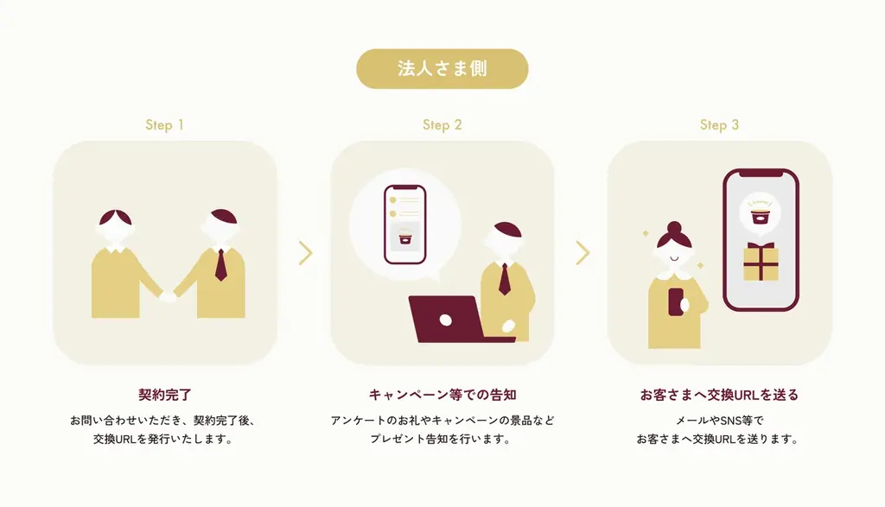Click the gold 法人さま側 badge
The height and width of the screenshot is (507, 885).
442,69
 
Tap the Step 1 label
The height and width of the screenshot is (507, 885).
164,124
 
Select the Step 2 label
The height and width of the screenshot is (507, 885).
442,124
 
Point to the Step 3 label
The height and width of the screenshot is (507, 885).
719,124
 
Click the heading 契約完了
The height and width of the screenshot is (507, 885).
165,395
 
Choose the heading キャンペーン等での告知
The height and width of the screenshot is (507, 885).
442,395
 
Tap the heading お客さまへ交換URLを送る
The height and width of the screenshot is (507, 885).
719,395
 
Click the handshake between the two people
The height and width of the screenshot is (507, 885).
168,296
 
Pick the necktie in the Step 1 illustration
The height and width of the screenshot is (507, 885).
220,265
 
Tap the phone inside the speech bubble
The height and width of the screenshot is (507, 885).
404,225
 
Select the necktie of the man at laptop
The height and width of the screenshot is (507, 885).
504,279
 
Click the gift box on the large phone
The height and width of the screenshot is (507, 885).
761,262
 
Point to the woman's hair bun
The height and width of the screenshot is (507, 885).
674,228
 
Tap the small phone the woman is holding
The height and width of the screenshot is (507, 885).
676,301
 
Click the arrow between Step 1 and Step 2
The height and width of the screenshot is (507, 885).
305,253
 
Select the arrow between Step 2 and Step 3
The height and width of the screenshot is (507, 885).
583,253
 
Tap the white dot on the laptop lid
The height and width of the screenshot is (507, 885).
445,320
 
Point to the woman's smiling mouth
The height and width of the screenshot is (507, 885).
674,259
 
